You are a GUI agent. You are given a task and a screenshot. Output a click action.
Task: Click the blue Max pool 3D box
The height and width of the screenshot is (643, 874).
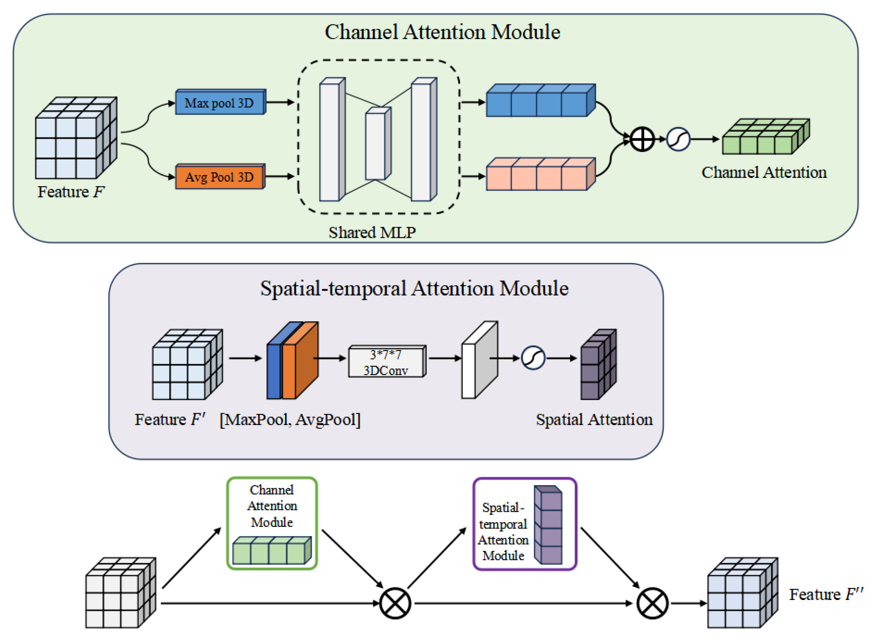(x=220, y=102)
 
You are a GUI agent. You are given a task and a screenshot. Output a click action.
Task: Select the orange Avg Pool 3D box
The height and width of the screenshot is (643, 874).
(x=220, y=177)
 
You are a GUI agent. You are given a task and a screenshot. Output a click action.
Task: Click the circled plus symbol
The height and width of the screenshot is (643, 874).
(x=642, y=139)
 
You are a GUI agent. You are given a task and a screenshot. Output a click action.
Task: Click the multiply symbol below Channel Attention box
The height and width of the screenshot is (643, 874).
(x=395, y=603)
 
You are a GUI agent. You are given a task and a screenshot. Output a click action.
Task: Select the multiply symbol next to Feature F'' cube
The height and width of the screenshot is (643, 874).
(x=652, y=603)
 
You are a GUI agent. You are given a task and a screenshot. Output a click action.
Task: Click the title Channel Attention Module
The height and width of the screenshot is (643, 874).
(x=442, y=32)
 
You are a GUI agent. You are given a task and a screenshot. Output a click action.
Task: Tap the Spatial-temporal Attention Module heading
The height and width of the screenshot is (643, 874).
(x=414, y=288)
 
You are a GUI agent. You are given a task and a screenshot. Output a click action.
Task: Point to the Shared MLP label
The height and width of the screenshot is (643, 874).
(x=372, y=232)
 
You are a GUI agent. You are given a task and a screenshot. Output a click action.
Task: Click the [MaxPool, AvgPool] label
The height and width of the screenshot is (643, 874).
(x=290, y=419)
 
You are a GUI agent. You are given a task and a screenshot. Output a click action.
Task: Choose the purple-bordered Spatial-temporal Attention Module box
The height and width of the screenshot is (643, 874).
(x=525, y=524)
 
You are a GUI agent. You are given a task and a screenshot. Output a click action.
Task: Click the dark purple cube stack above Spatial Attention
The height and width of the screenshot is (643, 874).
(x=598, y=365)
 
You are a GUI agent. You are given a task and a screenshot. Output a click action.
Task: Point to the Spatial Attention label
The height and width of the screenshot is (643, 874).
(x=594, y=419)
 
